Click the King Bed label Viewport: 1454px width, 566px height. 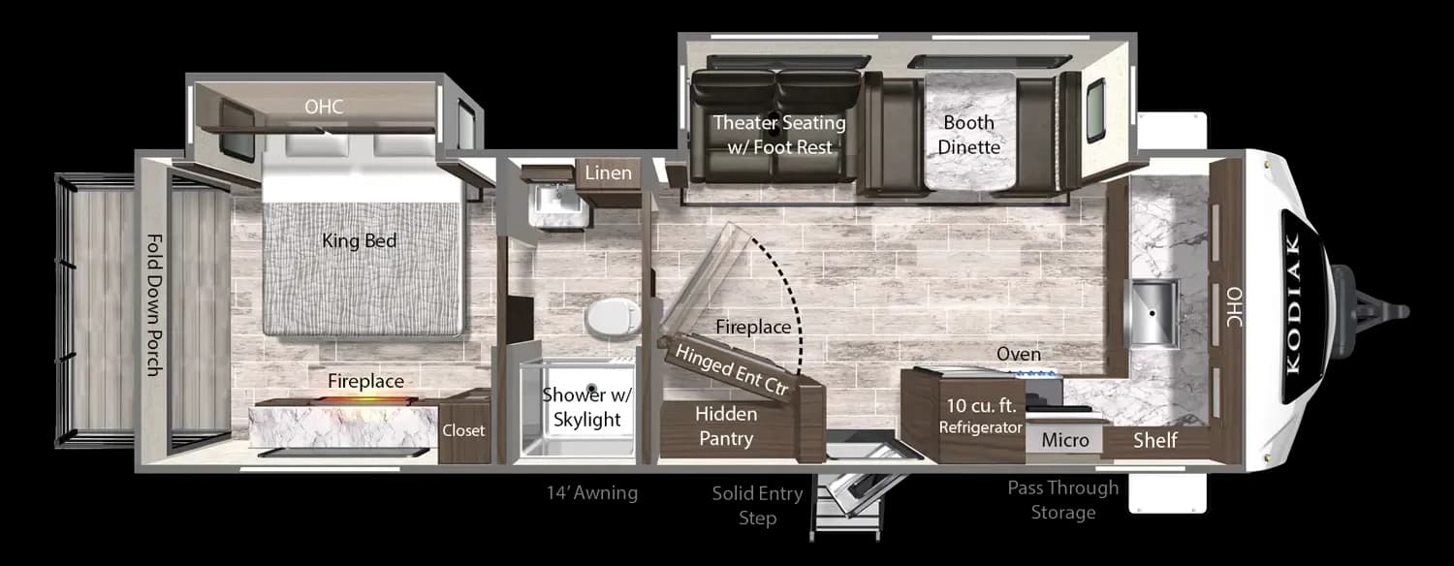pyautogui.click(x=360, y=240)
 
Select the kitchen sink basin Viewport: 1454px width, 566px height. pyautogui.click(x=1152, y=312)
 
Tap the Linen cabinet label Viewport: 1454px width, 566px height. pyautogui.click(x=608, y=173)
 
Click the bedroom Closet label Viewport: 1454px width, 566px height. pyautogui.click(x=462, y=430)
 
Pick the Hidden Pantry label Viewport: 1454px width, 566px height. pyautogui.click(x=725, y=426)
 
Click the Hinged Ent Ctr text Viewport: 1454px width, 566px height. pyautogui.click(x=732, y=365)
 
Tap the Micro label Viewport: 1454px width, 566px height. pyautogui.click(x=1065, y=441)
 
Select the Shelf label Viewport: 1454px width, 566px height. pyautogui.click(x=1155, y=441)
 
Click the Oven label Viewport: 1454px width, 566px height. pyautogui.click(x=1019, y=355)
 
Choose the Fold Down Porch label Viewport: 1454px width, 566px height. pyautogui.click(x=154, y=304)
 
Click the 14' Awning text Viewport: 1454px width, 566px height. pyautogui.click(x=591, y=493)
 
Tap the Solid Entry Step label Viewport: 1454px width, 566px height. pyautogui.click(x=757, y=506)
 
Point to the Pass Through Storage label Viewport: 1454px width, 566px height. pyautogui.click(x=1062, y=499)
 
